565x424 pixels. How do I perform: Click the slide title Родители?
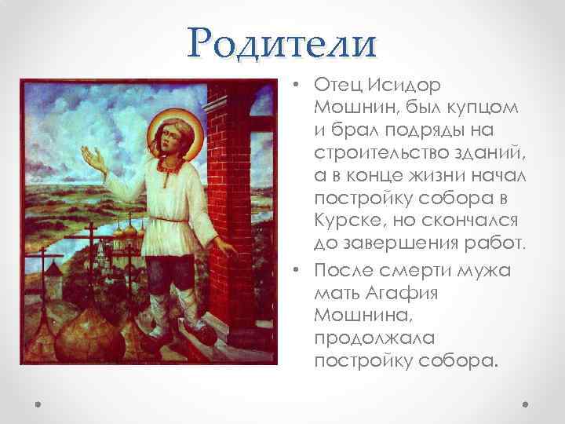pyautogui.click(x=282, y=43)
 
